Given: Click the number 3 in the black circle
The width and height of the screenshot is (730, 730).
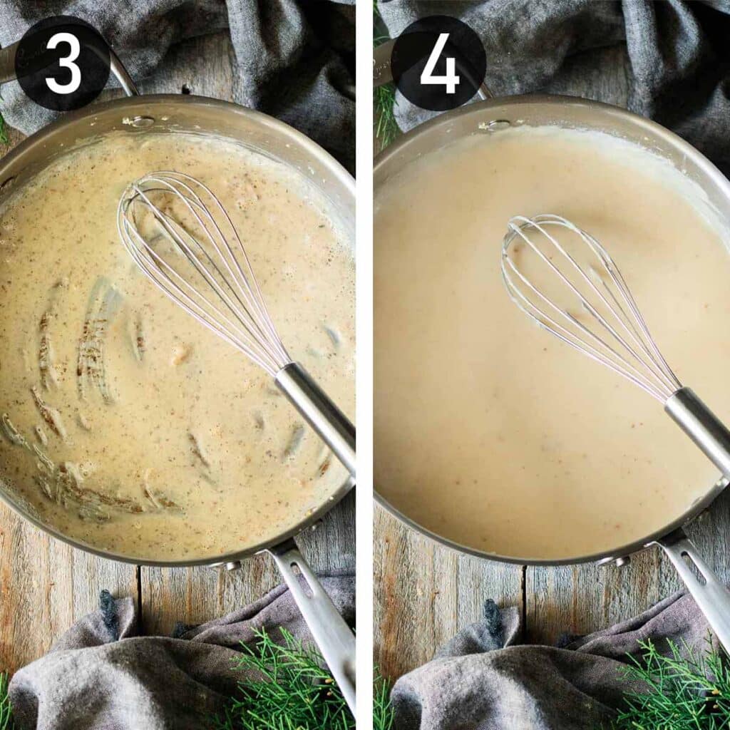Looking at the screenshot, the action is pos(63,63).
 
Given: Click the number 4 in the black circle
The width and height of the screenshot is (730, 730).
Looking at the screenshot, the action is pos(439,63).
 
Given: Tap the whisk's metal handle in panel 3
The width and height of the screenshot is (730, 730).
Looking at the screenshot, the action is pos(316,416).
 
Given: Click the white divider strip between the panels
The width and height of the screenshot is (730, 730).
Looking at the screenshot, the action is pos(364,365).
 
